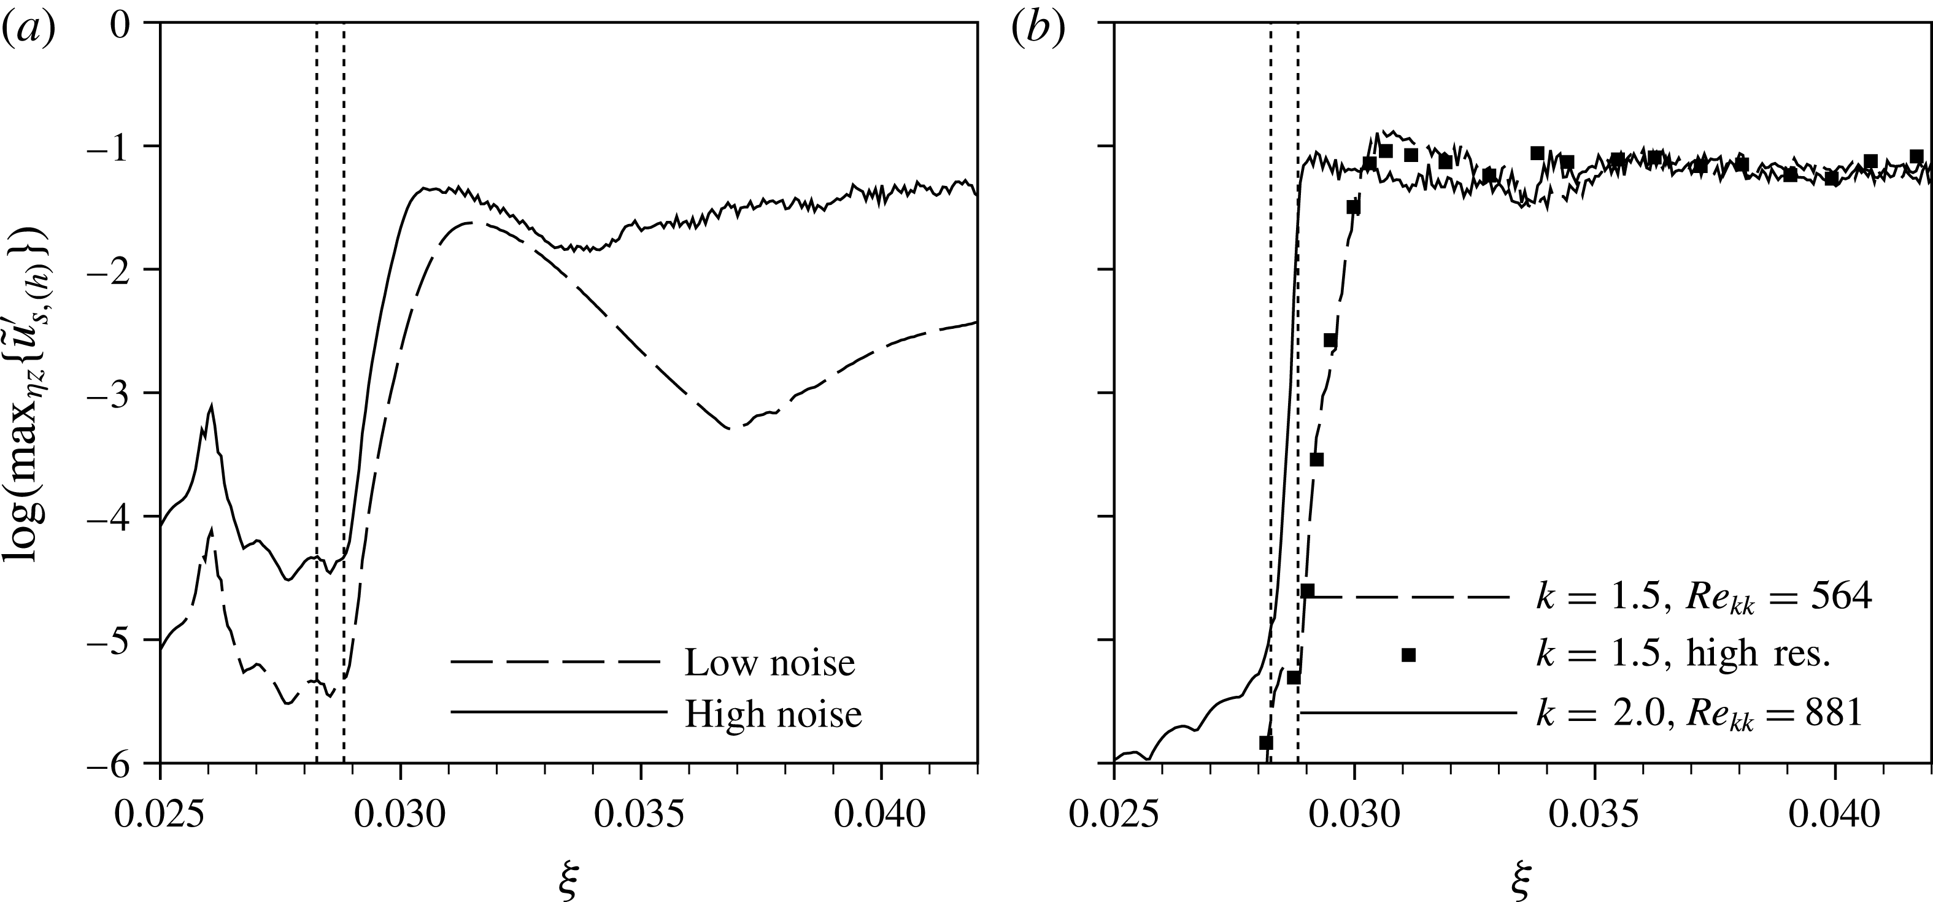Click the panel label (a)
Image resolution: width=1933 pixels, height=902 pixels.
(28, 30)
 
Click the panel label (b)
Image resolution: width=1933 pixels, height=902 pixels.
(1036, 30)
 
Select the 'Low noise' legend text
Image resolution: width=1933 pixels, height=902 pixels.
(769, 663)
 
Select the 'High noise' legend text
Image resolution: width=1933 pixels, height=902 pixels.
(774, 714)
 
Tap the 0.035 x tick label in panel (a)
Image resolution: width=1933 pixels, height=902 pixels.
(641, 814)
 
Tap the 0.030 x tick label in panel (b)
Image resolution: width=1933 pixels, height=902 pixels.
(1354, 814)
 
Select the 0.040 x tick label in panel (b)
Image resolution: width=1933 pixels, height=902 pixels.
(1834, 814)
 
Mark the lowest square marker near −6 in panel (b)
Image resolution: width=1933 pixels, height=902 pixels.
(1266, 743)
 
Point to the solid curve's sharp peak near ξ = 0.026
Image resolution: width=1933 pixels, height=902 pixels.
(212, 407)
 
